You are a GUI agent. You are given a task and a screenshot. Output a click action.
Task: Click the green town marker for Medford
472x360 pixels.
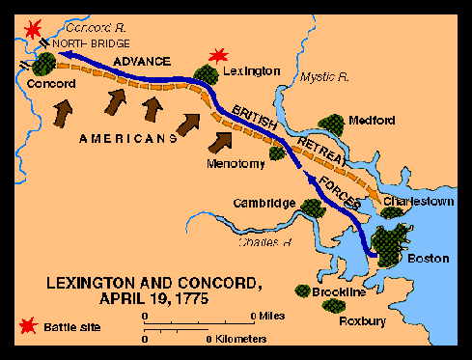(x=333, y=125)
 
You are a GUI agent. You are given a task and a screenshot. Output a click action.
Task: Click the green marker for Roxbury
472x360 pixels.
(x=337, y=305)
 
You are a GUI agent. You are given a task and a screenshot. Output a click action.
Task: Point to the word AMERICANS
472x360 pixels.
(x=121, y=138)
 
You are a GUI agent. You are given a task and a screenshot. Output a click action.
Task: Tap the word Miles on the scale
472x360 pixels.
(x=272, y=316)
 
